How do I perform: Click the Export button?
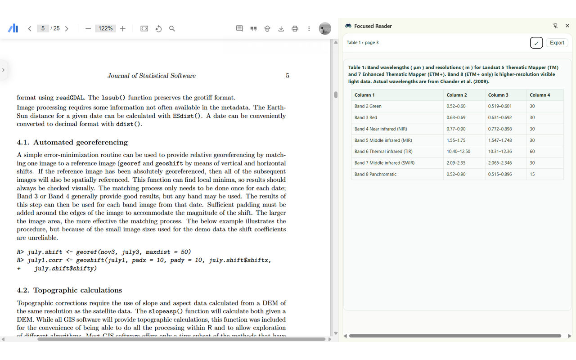[x=557, y=43]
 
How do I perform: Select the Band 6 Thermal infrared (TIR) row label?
[x=377, y=152]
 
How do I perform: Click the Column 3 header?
[x=498, y=95]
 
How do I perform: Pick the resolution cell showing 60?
[x=532, y=152]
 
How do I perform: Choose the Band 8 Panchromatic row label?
[x=375, y=174]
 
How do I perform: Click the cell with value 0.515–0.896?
[x=499, y=174]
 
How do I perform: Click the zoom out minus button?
[x=88, y=28]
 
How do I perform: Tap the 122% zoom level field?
[x=106, y=28]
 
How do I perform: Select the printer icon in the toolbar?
[x=295, y=28]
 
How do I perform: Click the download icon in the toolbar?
[x=281, y=28]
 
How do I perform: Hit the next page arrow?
[x=67, y=28]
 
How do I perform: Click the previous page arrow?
[x=30, y=28]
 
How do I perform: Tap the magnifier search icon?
[x=172, y=28]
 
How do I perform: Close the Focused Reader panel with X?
[x=567, y=26]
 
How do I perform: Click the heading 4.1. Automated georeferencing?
[x=72, y=142]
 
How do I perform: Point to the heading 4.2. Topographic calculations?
[x=69, y=290]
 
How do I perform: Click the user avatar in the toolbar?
[x=324, y=28]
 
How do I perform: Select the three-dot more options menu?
[x=309, y=28]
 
